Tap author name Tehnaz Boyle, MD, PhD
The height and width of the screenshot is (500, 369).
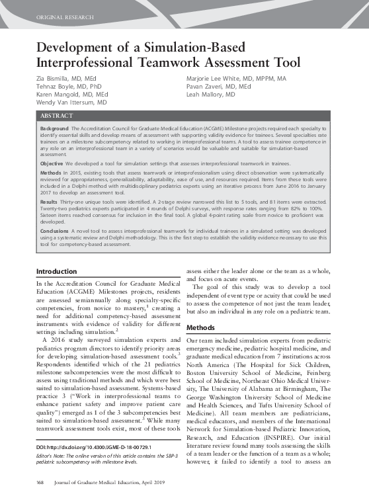pos(68,87)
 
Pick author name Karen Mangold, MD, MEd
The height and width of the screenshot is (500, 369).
pos(71,95)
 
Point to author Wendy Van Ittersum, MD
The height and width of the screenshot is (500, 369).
pos(71,104)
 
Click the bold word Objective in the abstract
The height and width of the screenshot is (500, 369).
pos(52,162)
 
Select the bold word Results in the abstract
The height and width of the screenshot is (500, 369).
pos(49,200)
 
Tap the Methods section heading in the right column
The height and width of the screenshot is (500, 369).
pos(202,327)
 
